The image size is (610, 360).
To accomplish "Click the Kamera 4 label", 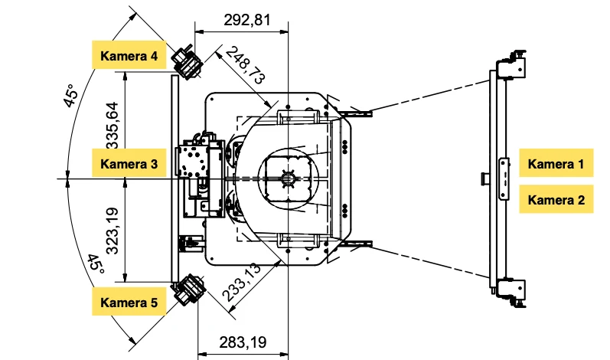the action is [x=129, y=55].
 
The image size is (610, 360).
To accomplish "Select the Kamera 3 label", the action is [x=129, y=163].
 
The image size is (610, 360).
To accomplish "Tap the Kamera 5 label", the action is [x=129, y=302].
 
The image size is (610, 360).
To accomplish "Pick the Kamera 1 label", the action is [x=556, y=163].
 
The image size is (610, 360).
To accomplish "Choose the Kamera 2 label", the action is [x=556, y=200].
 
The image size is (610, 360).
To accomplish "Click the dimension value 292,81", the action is [x=247, y=19].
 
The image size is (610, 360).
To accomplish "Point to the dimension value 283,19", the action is [x=243, y=342].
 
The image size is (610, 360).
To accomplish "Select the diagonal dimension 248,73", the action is [x=245, y=65].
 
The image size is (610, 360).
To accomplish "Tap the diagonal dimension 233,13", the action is [x=241, y=282].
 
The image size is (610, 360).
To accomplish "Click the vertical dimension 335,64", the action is [x=113, y=126].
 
